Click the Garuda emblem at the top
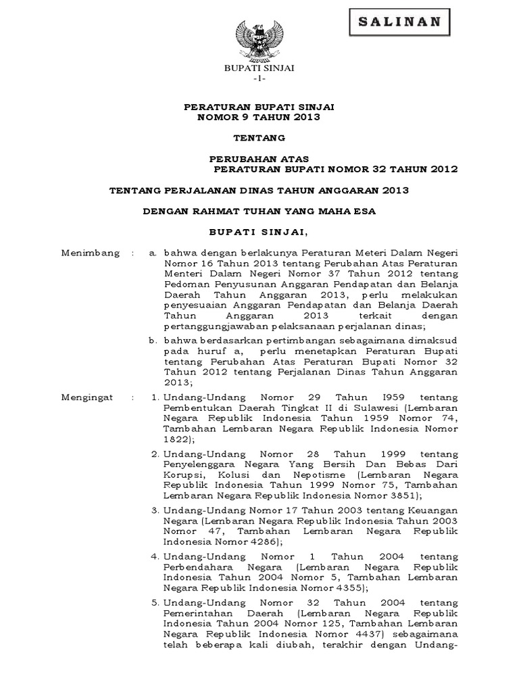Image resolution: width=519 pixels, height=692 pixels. (x=259, y=41)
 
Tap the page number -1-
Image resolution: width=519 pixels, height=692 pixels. (x=259, y=80)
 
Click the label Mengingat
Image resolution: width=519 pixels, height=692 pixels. (x=89, y=396)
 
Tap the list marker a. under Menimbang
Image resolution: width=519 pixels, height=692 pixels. (x=154, y=253)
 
